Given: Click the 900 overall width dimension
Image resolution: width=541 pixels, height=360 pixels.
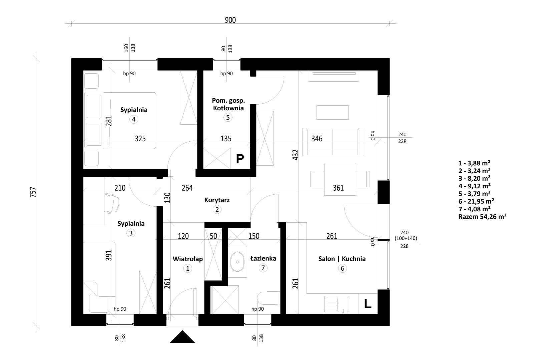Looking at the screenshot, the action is [x=230, y=20].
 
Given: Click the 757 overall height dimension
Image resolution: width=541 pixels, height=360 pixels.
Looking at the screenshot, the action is [x=33, y=192].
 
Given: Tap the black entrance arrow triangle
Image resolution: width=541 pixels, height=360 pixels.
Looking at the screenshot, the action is [x=182, y=337].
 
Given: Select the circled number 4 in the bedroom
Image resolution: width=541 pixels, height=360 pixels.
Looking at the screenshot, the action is [x=133, y=119].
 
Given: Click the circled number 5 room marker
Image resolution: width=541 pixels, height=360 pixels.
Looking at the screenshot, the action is [x=228, y=118].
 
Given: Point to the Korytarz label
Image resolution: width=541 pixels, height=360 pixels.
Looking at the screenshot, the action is [x=217, y=200].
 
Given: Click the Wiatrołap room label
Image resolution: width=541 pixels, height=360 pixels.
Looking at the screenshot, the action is [x=188, y=259].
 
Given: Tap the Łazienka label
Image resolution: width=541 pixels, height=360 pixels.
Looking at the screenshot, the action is [x=263, y=258].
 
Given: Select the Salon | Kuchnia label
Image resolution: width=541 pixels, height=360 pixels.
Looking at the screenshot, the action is [x=342, y=259].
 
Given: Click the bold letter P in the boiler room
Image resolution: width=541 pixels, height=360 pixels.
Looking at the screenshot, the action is [x=240, y=159].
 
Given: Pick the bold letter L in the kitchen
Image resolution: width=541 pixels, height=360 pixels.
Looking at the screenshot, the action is [x=367, y=304].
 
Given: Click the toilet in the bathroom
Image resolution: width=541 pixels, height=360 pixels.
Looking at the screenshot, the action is [x=268, y=298].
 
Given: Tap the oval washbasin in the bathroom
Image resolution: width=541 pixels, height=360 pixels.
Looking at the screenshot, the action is [x=237, y=262].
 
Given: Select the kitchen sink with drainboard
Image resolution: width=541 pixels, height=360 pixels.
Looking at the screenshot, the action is [x=337, y=304].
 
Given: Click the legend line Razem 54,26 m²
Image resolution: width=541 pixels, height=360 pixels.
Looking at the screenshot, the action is [x=482, y=217].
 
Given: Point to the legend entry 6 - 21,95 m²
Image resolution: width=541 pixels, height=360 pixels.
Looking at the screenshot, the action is [x=476, y=201].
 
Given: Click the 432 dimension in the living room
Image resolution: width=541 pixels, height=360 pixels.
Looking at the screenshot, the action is [x=296, y=155].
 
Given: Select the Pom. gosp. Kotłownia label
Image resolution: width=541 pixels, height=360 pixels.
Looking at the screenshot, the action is [x=228, y=104].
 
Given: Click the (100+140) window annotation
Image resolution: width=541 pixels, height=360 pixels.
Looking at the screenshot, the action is [x=406, y=238].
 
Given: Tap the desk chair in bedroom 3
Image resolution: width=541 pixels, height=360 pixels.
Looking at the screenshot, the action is [x=113, y=203].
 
